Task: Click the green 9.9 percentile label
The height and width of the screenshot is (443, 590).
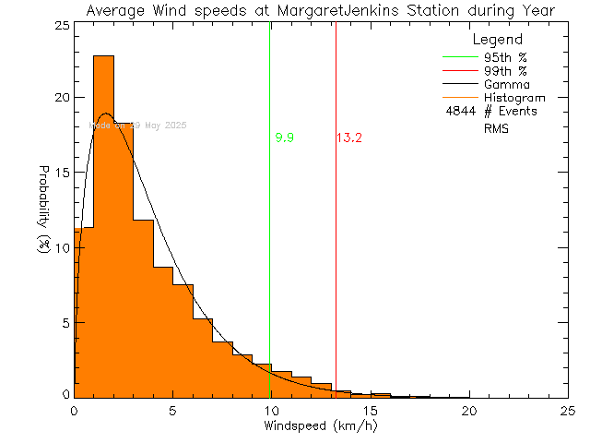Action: pos(285,138)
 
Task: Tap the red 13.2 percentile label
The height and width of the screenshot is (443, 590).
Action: pos(348,138)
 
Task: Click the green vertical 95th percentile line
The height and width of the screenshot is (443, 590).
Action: pos(269,231)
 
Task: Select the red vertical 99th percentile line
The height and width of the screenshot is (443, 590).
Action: pos(336,231)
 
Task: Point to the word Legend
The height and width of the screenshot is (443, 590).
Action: pos(497,41)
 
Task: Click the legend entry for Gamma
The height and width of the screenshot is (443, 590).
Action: pos(506,84)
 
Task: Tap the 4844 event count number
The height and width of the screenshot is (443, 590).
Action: pos(458,112)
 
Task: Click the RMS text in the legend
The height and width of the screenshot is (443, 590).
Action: pos(496,128)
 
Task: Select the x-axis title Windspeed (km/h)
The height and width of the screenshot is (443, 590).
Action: pos(320,426)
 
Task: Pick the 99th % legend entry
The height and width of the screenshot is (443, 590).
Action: pos(506,70)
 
